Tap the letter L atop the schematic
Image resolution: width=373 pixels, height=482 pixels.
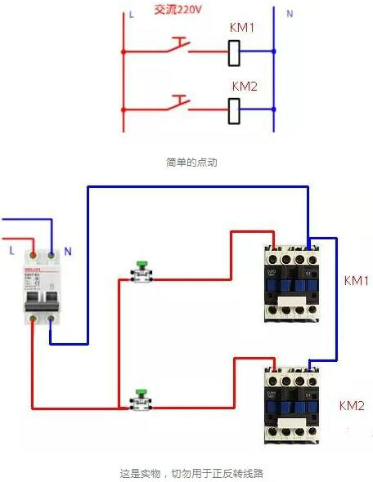pos(131,15)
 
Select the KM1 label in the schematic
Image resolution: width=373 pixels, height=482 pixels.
pos(242,28)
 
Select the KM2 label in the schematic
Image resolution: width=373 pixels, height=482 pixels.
pos(245,86)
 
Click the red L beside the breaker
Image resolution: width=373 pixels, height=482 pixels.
pos(11,250)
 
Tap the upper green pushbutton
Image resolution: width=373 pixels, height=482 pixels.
pos(142,273)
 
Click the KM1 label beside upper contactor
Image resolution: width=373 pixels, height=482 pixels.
pos(357,280)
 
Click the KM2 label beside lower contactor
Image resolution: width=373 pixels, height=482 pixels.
pos(352,405)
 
